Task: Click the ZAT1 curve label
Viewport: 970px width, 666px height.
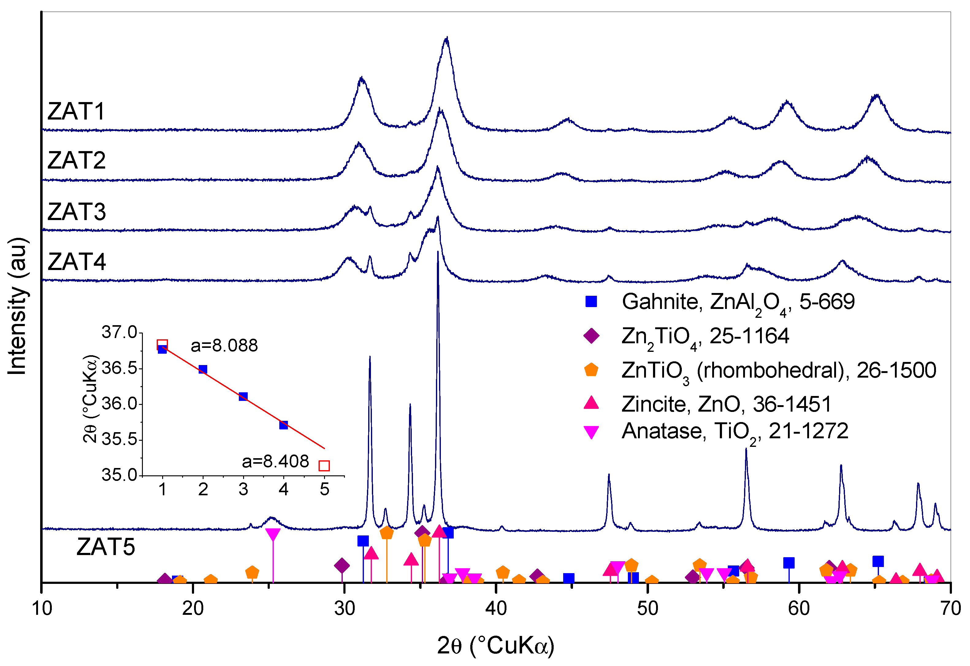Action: [76, 112]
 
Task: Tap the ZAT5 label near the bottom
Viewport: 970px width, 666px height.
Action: [106, 547]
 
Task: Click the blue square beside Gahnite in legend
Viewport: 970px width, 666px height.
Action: [591, 302]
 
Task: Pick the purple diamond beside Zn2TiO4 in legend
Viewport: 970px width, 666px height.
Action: [591, 336]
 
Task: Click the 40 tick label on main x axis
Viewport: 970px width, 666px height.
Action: [496, 609]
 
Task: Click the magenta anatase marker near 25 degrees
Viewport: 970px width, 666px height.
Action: [273, 534]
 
